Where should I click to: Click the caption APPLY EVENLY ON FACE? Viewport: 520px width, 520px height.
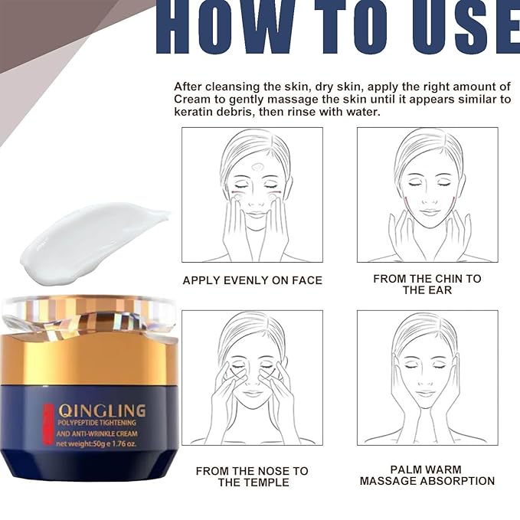tap(252, 280)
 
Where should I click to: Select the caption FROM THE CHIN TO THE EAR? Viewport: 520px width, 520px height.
tap(427, 284)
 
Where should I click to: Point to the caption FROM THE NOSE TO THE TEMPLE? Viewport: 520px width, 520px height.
tap(252, 476)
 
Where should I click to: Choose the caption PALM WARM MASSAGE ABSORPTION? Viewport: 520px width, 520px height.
tap(427, 475)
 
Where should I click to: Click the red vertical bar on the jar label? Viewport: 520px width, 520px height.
tap(49, 426)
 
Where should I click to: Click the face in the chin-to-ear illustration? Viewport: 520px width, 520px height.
tap(428, 188)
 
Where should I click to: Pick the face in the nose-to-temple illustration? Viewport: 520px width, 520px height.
tap(252, 375)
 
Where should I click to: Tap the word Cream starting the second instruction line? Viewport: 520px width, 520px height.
tap(191, 100)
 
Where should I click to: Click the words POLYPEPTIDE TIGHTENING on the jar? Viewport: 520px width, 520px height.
tap(96, 423)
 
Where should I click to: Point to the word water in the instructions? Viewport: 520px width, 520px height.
tap(364, 113)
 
